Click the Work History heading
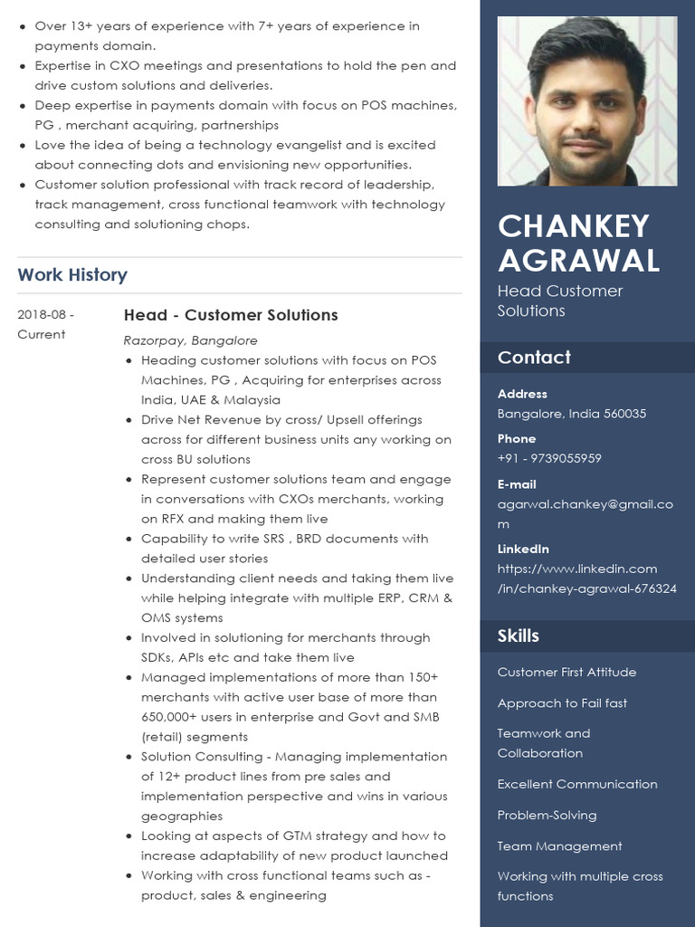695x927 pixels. [72, 274]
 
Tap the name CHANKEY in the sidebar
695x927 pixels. [573, 225]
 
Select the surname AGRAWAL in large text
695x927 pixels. [578, 261]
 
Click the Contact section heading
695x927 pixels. [534, 358]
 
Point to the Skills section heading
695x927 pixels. [518, 636]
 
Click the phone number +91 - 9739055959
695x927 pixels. [549, 458]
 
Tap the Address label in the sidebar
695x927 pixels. [522, 394]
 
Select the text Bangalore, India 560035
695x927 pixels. [571, 414]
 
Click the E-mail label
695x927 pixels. [517, 484]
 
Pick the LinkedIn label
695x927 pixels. [523, 549]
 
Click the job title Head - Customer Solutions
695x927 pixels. [231, 315]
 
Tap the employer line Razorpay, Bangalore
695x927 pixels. [190, 340]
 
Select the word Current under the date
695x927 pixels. [42, 334]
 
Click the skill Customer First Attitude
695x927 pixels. [566, 672]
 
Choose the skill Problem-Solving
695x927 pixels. [547, 815]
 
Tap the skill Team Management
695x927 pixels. [559, 846]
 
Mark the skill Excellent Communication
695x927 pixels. [577, 784]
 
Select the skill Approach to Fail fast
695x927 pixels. [562, 702]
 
